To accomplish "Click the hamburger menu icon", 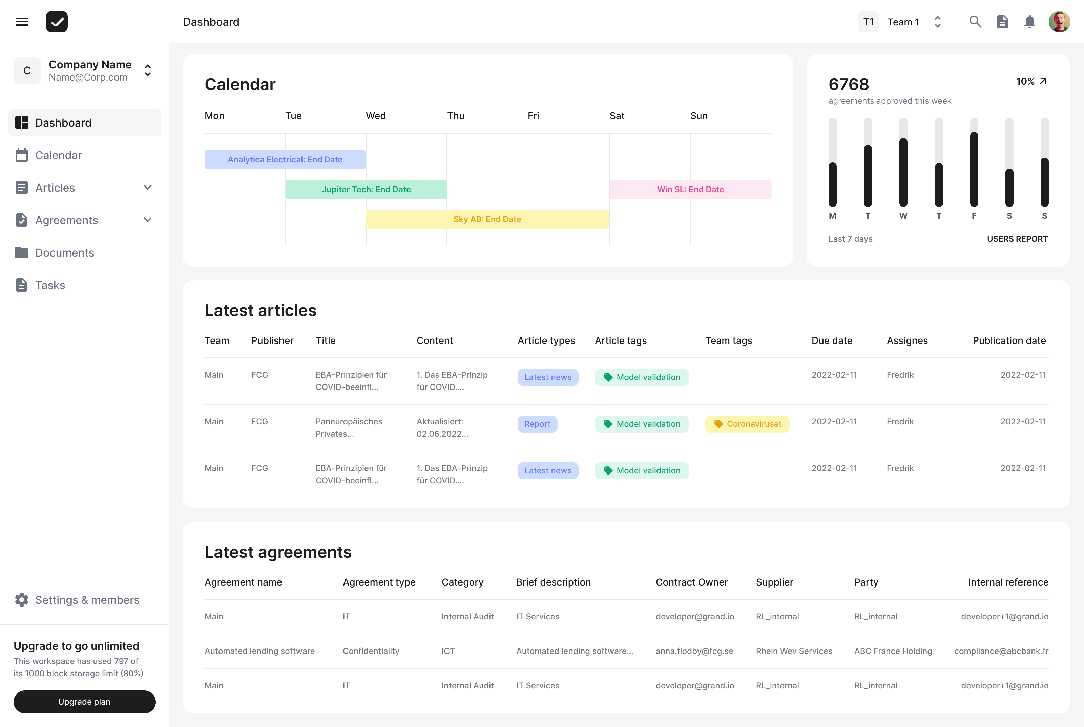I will [x=21, y=22].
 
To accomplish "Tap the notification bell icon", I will [x=1029, y=22].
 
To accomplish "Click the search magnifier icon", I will [x=975, y=22].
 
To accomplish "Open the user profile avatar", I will [x=1059, y=22].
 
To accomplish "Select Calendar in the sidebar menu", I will [x=59, y=155].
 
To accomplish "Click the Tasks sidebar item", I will [x=50, y=285].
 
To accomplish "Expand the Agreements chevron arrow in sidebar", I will [x=148, y=220].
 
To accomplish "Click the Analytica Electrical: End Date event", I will [x=285, y=159].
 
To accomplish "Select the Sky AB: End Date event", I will [x=487, y=219].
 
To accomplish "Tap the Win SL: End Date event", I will [x=690, y=190].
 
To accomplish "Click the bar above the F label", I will [x=974, y=169].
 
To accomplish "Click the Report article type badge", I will [x=537, y=424].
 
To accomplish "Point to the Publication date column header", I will [x=1009, y=341].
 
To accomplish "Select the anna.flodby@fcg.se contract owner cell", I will [x=694, y=651].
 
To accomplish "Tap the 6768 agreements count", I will [x=848, y=84].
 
